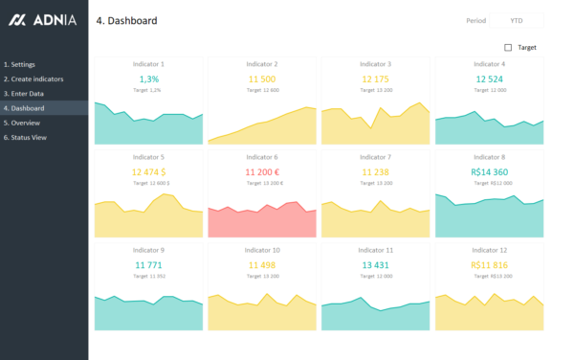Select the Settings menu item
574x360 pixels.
pyautogui.click(x=20, y=64)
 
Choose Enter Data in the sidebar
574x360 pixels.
pyautogui.click(x=24, y=93)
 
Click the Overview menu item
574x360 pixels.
pyautogui.click(x=22, y=123)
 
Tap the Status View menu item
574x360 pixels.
pyautogui.click(x=26, y=137)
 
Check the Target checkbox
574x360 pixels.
pyautogui.click(x=508, y=47)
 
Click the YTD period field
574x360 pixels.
pyautogui.click(x=517, y=20)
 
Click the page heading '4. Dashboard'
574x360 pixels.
pyautogui.click(x=126, y=20)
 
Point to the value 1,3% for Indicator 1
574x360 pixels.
pyautogui.click(x=148, y=79)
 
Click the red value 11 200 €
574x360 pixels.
pyautogui.click(x=263, y=171)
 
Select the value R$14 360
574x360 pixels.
pyautogui.click(x=489, y=171)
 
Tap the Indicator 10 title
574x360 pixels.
pyautogui.click(x=263, y=250)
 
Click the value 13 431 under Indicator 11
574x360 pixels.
pyautogui.click(x=376, y=264)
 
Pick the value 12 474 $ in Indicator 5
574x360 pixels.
pyautogui.click(x=150, y=171)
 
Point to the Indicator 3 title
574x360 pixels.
pyautogui.click(x=376, y=64)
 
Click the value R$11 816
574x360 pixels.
pyautogui.click(x=489, y=264)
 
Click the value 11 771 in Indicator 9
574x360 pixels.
pyautogui.click(x=148, y=264)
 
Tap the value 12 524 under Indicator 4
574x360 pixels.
pyautogui.click(x=489, y=79)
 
